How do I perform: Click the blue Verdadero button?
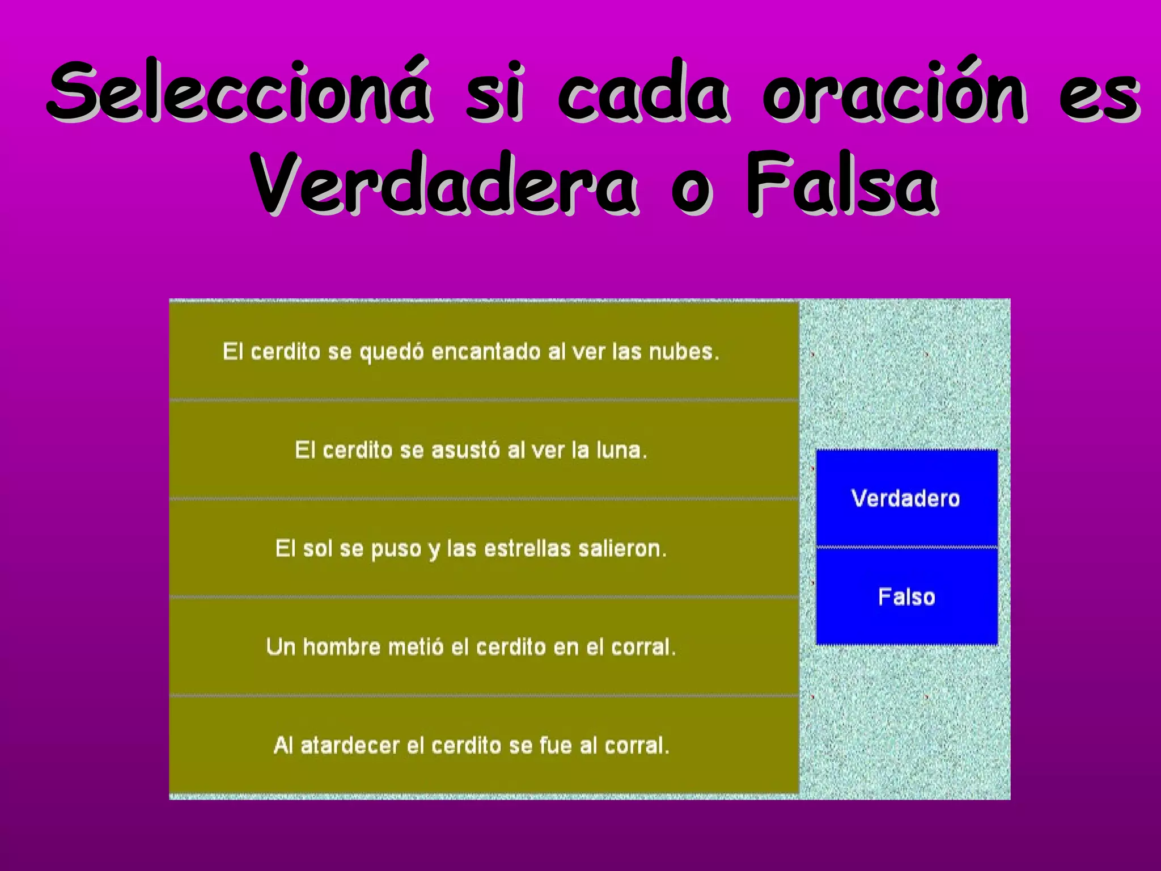[906, 498]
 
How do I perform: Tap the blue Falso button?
[906, 597]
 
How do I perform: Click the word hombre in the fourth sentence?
[342, 646]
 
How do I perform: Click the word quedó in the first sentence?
[392, 353]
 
